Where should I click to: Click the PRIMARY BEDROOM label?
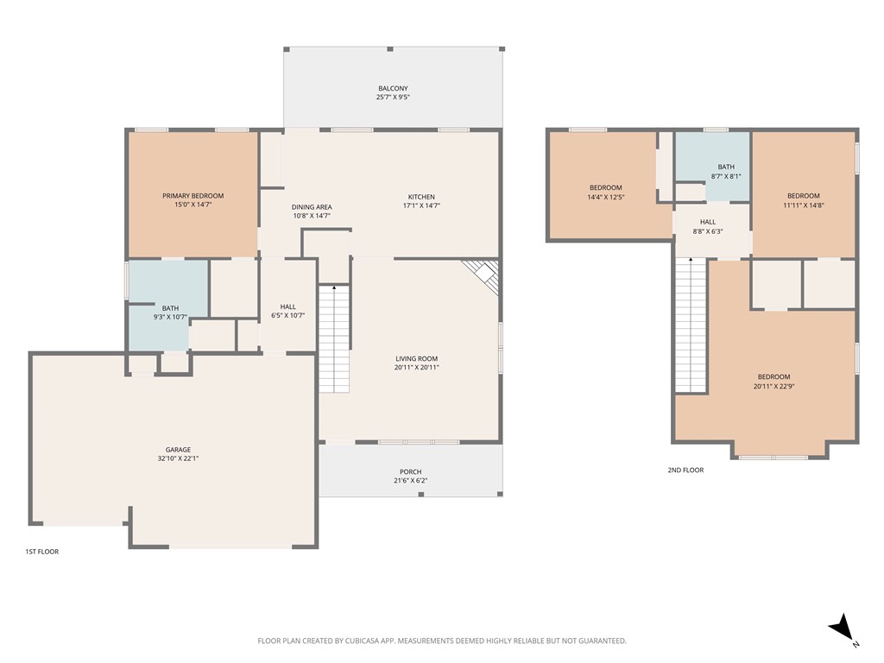point(193,196)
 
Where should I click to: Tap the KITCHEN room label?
point(421,197)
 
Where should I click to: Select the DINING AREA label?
point(312,207)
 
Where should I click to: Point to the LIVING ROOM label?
point(417,359)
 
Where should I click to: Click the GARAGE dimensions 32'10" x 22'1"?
point(179,458)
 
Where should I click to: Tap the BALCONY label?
point(393,89)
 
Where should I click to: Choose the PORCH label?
point(411,471)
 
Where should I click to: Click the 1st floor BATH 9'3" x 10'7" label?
point(169,313)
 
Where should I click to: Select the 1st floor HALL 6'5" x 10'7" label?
point(288,311)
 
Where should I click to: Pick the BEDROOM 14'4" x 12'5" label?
point(606,193)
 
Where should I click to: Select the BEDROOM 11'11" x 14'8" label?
point(803,200)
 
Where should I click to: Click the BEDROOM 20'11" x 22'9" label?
point(773,381)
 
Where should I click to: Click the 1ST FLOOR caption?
point(41,551)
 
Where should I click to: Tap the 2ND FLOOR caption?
point(685,470)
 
